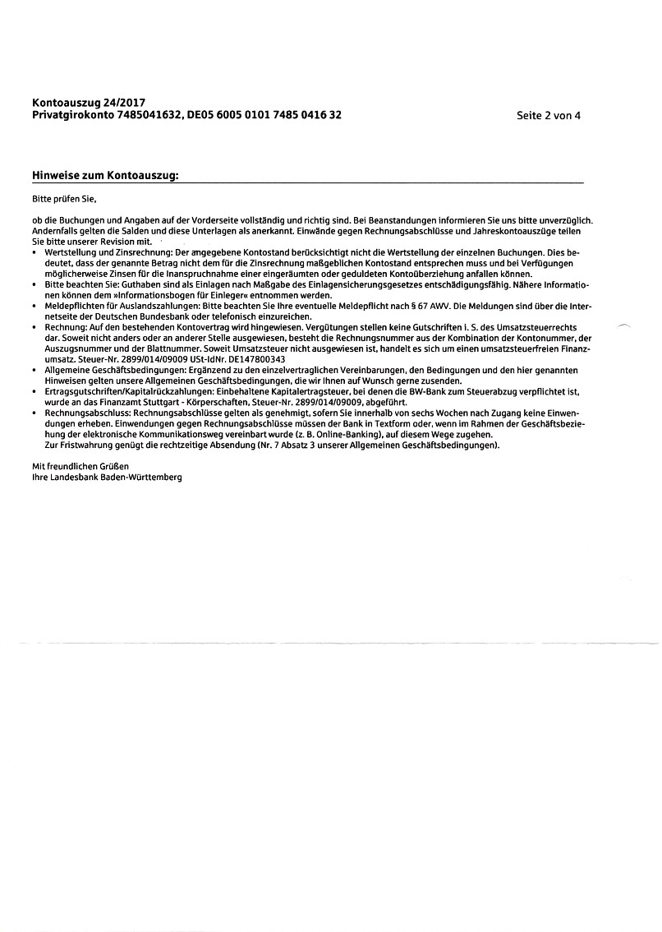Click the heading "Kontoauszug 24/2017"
click(x=82, y=103)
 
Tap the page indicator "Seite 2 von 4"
click(x=549, y=115)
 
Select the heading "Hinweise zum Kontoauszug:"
click(x=105, y=176)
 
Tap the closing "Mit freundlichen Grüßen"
click(x=80, y=466)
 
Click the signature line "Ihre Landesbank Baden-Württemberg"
click(x=107, y=477)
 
